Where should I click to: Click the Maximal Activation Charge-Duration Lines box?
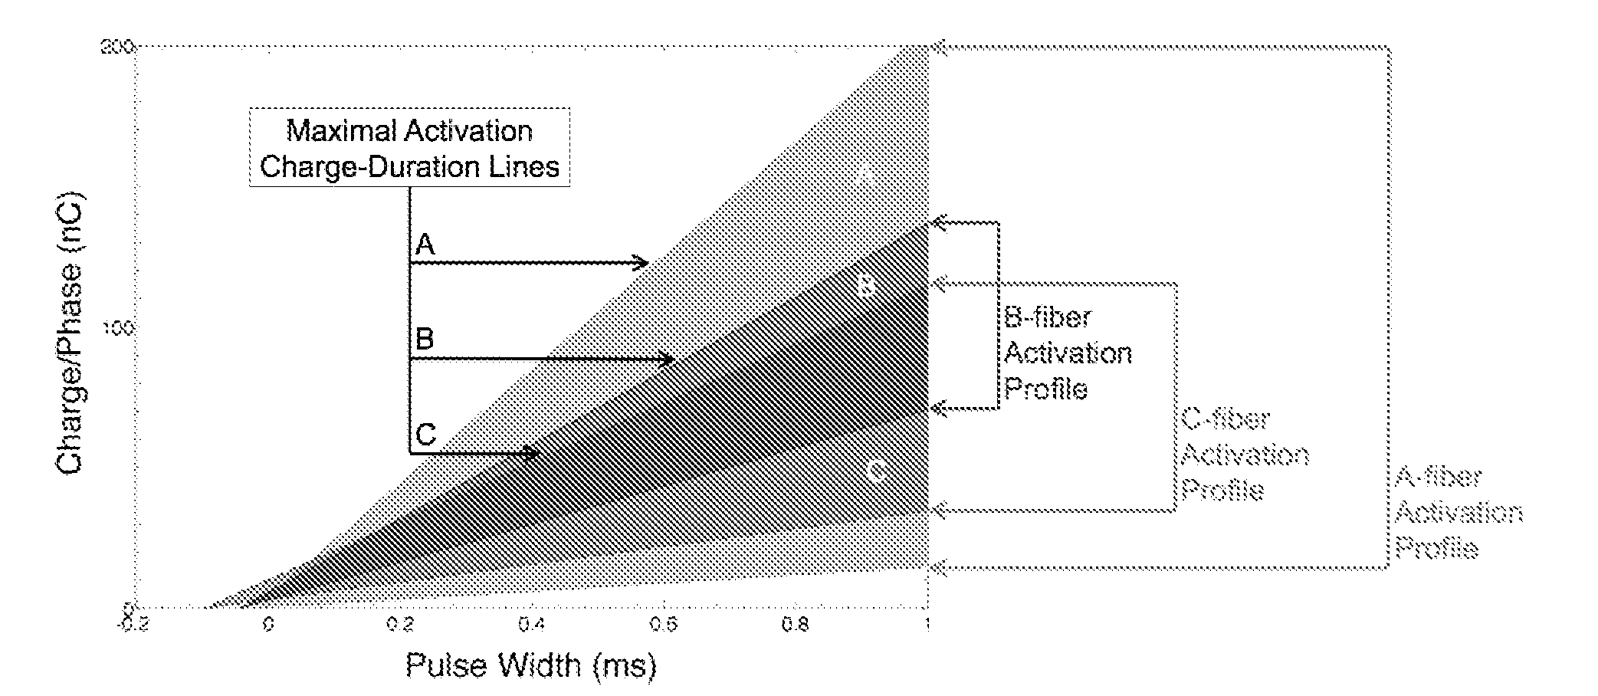409,147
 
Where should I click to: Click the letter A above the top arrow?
425,245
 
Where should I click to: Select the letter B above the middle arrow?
425,338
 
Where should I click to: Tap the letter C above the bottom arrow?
425,435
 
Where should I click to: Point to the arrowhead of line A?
642,263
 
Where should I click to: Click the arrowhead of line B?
668,359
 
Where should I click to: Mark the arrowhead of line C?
533,453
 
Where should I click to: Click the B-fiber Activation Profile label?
1067,353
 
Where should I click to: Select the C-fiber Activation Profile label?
1244,455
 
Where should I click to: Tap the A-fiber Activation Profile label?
1457,513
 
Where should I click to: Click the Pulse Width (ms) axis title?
530,665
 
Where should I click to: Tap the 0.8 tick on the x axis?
795,625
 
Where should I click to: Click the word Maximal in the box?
334,131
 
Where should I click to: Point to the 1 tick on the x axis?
927,625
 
